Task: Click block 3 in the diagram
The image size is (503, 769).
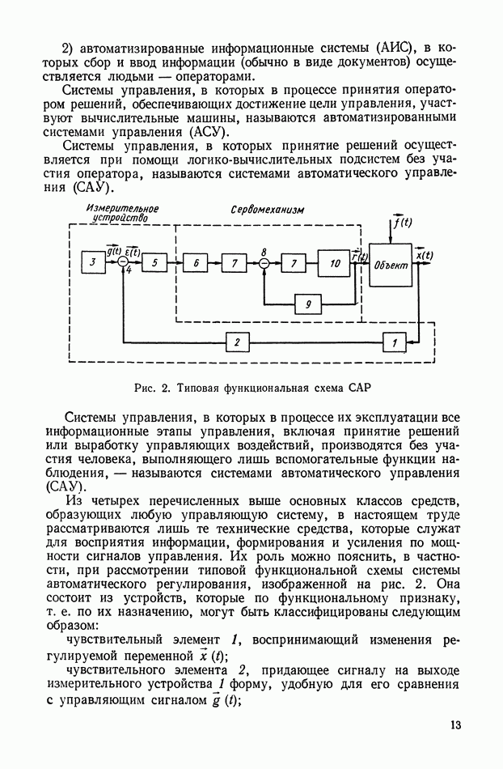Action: point(93,263)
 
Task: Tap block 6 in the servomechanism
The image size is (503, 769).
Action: point(195,264)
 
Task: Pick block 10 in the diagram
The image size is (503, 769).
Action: point(333,264)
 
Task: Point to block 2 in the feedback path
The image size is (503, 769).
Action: point(236,342)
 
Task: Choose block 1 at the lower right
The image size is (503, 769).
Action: point(394,343)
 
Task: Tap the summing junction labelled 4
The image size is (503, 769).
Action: point(124,263)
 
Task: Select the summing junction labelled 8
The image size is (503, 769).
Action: point(264,264)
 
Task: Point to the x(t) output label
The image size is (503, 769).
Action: point(425,255)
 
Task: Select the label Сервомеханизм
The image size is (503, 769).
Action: point(267,209)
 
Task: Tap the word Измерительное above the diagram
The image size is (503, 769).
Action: point(122,208)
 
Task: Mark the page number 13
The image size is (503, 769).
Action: point(455,724)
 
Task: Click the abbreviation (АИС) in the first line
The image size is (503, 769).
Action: point(393,43)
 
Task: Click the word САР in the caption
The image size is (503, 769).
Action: point(359,388)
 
